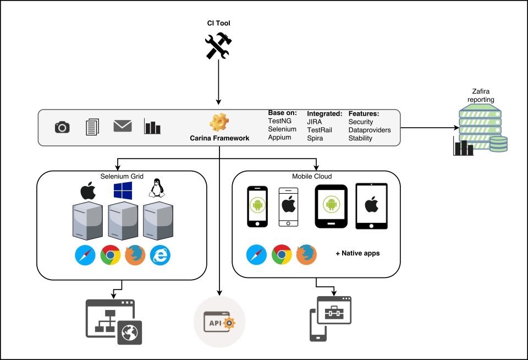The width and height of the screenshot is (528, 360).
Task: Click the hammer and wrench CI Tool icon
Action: click(x=219, y=46)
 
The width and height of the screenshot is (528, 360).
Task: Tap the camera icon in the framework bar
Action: click(x=63, y=127)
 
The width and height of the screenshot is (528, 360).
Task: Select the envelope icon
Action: click(x=122, y=126)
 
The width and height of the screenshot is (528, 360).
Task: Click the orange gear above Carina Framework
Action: click(x=219, y=122)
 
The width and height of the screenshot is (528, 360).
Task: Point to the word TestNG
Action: click(x=279, y=121)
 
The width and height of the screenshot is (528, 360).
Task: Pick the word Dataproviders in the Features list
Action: click(x=370, y=130)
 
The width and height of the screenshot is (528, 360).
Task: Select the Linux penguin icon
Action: click(x=157, y=189)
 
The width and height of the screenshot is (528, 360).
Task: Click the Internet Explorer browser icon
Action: click(x=160, y=255)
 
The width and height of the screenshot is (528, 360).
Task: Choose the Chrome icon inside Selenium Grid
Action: click(x=111, y=255)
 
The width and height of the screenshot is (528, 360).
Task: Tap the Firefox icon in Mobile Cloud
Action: click(x=307, y=254)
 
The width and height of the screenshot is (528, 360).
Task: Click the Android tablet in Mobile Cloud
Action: click(x=331, y=206)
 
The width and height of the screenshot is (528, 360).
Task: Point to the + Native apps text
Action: click(x=358, y=254)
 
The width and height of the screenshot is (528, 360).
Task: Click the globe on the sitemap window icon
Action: click(x=130, y=332)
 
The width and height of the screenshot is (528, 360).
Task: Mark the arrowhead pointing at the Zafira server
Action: click(x=455, y=128)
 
